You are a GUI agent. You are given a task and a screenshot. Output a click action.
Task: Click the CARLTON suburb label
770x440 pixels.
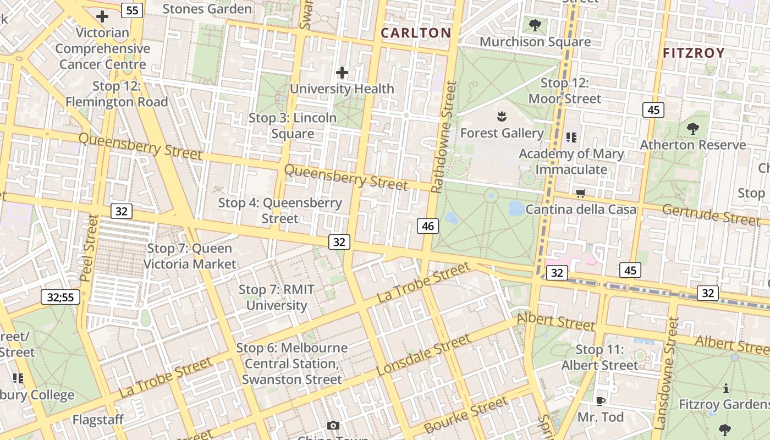(416, 33)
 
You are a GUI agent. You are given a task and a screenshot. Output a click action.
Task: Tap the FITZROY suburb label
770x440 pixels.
(694, 53)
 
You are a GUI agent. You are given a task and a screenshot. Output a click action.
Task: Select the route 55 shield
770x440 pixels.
(133, 10)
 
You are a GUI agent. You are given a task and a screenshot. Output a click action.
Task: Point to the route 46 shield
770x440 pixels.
(428, 226)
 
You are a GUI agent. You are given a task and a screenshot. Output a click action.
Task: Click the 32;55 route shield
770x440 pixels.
(61, 298)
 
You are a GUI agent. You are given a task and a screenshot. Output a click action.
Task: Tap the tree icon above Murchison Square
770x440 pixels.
(535, 25)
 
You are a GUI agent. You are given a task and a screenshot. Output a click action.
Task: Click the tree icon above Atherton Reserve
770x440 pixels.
(692, 129)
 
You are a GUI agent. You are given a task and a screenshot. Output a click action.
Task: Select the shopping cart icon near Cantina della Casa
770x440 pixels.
(580, 193)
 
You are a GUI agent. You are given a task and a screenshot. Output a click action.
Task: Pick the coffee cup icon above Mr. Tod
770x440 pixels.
(600, 401)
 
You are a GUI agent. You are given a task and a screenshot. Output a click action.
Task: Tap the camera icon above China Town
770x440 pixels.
(333, 425)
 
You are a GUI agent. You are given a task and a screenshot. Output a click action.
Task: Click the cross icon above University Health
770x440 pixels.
(342, 72)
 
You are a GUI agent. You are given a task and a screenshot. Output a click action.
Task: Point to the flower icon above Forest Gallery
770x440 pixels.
(501, 116)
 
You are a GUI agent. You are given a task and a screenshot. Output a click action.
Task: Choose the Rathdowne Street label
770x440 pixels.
(444, 137)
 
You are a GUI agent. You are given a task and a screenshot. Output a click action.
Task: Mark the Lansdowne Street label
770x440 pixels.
(665, 374)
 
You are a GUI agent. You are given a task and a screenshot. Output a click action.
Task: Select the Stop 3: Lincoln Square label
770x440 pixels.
(292, 126)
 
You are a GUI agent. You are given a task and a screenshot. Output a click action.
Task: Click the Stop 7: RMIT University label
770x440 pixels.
(276, 298)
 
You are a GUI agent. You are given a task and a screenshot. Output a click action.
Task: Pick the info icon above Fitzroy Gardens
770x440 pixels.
(726, 389)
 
